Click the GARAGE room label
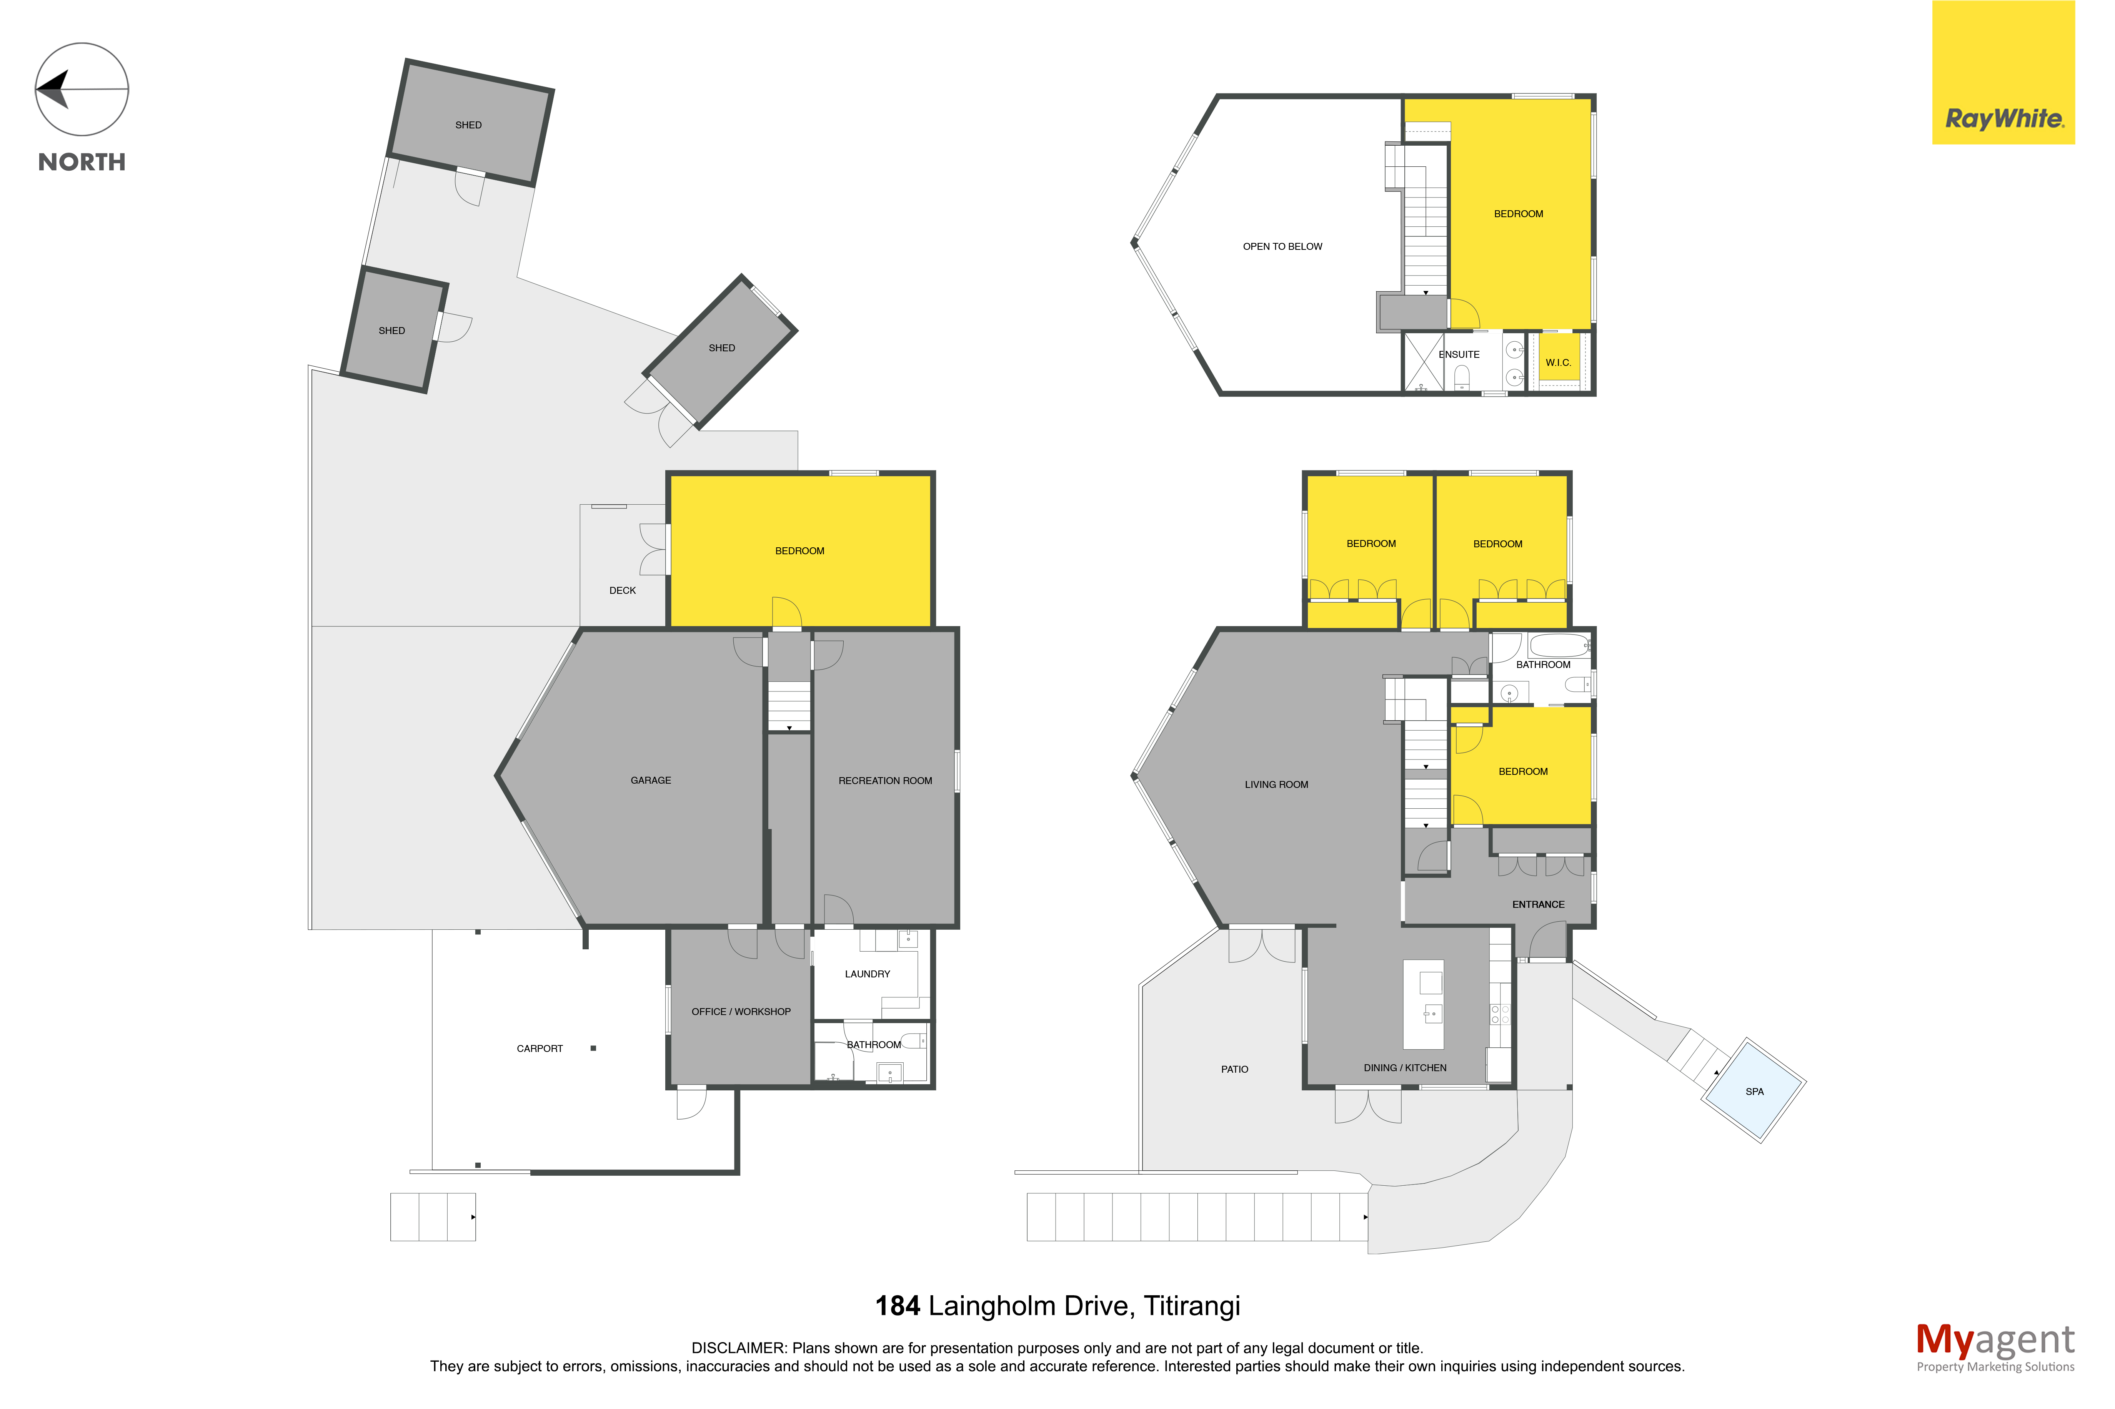pos(651,780)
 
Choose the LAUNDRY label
pos(868,974)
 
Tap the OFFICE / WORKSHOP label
pos(741,1012)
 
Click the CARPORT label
pos(539,1048)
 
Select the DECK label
pos(622,590)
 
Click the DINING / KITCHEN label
pos(1405,1068)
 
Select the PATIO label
pos(1234,1069)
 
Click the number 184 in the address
pos(897,1306)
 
